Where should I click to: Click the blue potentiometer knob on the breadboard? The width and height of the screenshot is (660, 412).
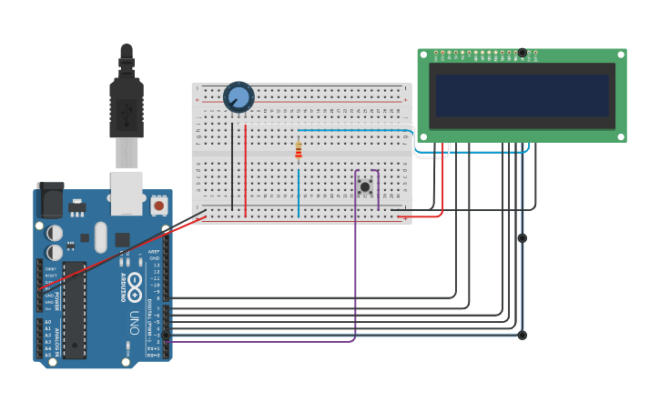(x=239, y=97)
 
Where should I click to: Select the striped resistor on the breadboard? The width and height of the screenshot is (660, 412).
(x=298, y=151)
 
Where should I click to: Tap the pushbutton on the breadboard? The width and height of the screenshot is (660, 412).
(x=365, y=186)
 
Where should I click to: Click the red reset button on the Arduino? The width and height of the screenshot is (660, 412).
(x=159, y=206)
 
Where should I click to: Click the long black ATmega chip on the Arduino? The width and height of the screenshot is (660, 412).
(x=74, y=309)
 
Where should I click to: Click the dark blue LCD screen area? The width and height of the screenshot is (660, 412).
(x=522, y=95)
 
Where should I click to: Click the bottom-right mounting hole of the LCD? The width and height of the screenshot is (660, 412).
(x=621, y=136)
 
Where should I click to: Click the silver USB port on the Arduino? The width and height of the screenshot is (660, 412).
(x=127, y=193)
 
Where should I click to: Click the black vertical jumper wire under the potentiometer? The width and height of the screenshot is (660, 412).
(x=232, y=164)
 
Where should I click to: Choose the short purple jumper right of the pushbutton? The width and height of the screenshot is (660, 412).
(x=379, y=189)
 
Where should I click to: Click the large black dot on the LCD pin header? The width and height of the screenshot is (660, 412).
(x=523, y=53)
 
